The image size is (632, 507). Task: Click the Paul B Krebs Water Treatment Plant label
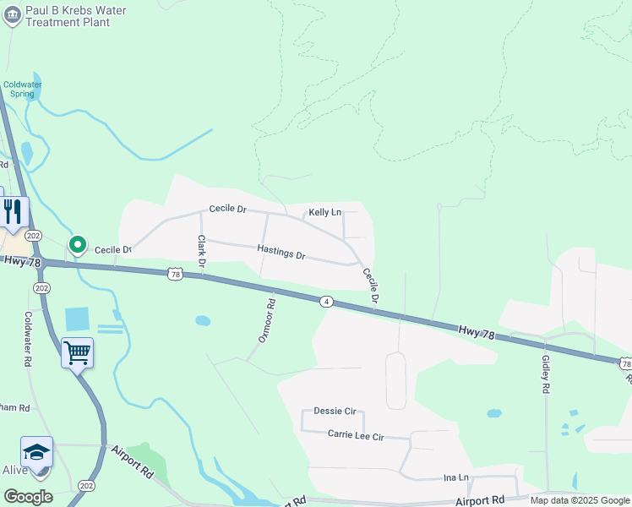click(x=75, y=16)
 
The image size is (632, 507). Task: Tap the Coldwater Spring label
click(x=23, y=89)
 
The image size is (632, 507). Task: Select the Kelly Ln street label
click(x=324, y=213)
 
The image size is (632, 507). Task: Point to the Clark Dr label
click(x=202, y=251)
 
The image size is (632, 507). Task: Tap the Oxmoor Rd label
click(x=266, y=320)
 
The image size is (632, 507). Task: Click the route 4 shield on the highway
click(x=325, y=302)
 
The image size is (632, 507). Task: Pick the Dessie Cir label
click(x=335, y=411)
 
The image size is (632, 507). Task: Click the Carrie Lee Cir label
click(x=356, y=436)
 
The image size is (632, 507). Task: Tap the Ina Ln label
click(x=456, y=477)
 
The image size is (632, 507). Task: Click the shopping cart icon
click(x=77, y=352)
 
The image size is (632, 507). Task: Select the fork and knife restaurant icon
click(x=13, y=211)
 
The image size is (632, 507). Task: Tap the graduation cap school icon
click(x=37, y=453)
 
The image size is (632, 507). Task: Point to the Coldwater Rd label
click(x=29, y=339)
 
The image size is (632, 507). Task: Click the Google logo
click(x=28, y=496)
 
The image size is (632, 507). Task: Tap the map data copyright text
click(x=579, y=500)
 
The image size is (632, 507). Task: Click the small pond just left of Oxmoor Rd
click(x=203, y=320)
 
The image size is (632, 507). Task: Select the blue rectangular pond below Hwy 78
click(x=77, y=319)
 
